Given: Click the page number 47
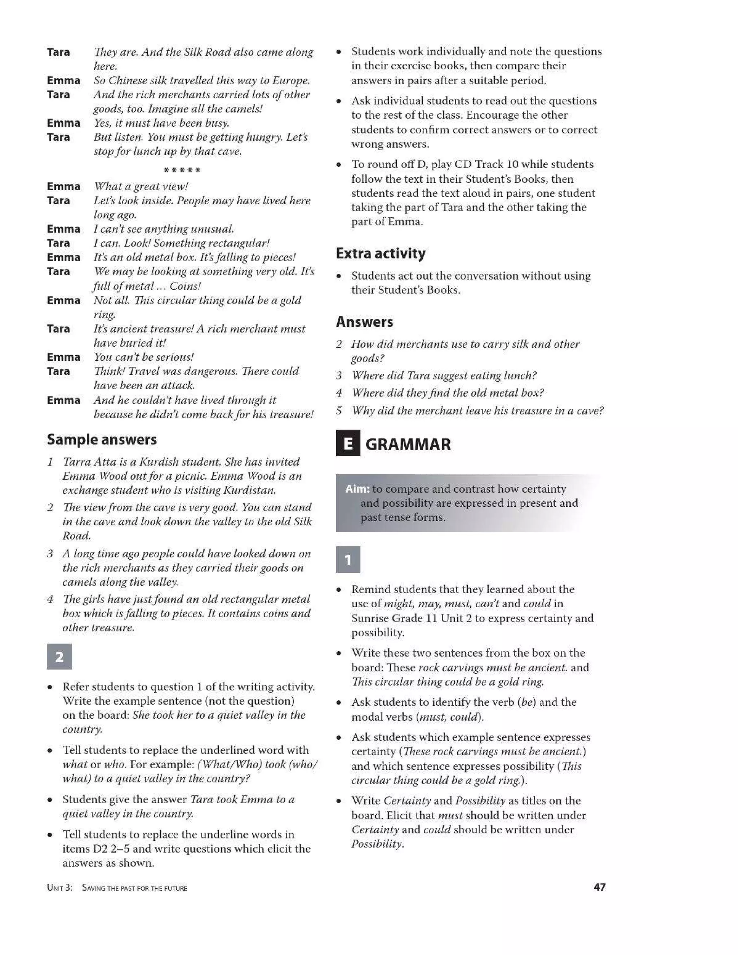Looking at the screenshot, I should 599,887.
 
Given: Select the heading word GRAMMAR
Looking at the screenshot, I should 408,444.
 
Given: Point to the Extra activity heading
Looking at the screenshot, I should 381,253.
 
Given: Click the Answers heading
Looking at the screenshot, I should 364,322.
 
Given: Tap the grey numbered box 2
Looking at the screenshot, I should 59,656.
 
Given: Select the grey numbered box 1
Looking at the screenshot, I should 348,559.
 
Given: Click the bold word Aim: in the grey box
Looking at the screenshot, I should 357,489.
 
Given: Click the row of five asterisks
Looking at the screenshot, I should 182,170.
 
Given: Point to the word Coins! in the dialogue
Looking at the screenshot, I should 185,286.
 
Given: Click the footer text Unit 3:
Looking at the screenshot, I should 59,888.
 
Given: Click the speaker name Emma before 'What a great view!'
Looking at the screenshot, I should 63,187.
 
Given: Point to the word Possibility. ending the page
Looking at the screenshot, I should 377,844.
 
